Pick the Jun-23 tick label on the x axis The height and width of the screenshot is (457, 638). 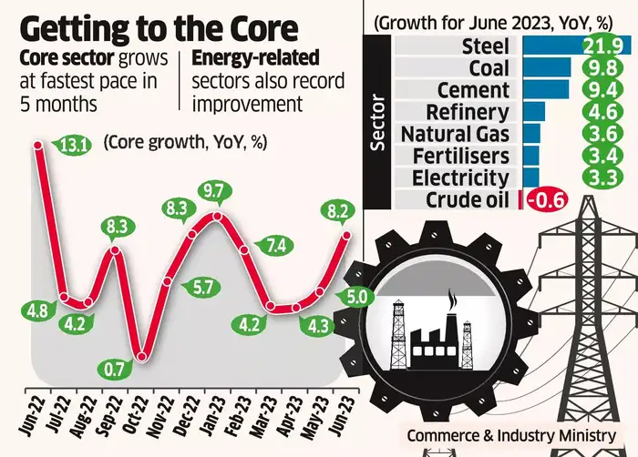pos(340,414)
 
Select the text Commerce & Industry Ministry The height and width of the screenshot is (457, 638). pos(509,436)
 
